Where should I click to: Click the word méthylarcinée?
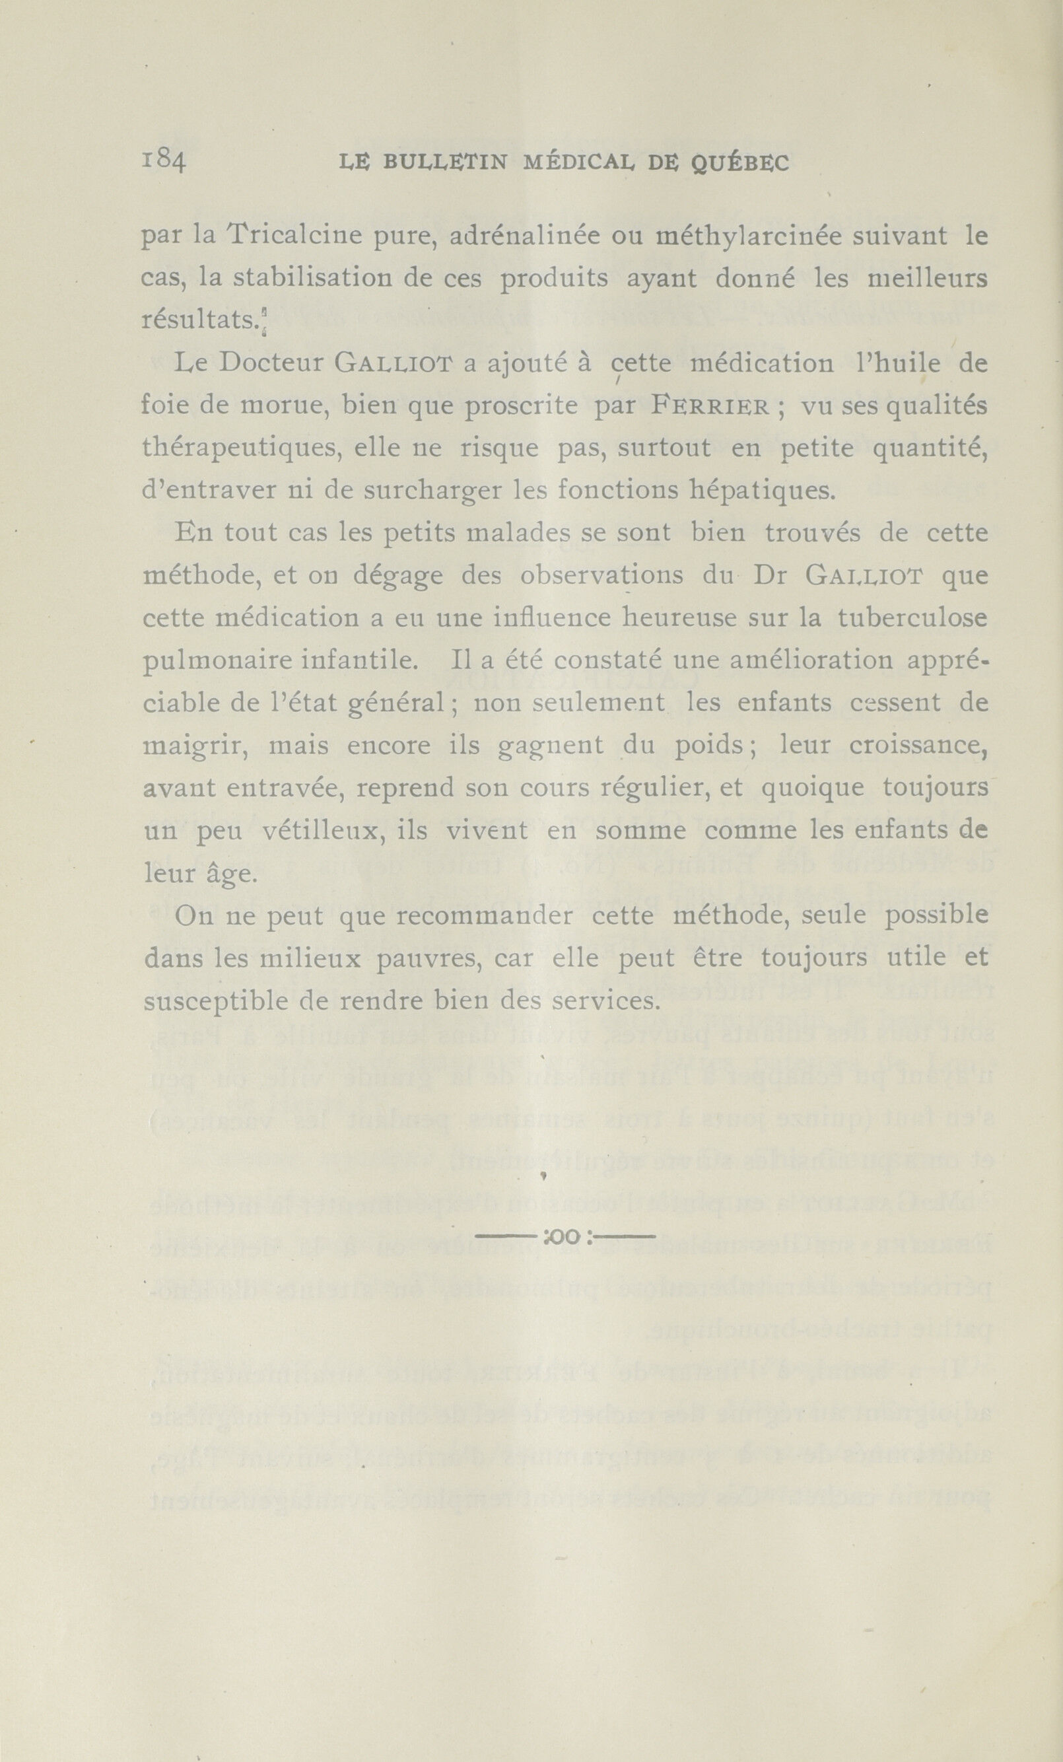[x=751, y=236]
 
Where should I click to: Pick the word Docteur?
[x=271, y=363]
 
